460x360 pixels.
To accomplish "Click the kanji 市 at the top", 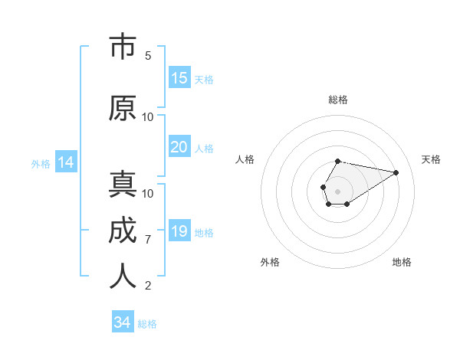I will point(123,47).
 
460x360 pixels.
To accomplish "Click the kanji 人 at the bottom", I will point(123,277).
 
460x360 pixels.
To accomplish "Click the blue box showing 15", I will point(179,78).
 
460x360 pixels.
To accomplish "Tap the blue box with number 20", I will point(179,147).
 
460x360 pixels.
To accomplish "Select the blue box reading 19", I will point(179,231).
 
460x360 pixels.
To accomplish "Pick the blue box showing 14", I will point(65,162).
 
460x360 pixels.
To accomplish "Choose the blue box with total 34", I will point(123,322).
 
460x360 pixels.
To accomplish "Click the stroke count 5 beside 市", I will point(148,56).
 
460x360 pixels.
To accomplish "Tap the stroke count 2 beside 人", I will point(148,286).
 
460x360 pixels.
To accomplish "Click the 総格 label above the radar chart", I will point(338,100).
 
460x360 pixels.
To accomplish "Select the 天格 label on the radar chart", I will point(431,159).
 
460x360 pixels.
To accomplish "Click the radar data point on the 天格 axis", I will point(396,172).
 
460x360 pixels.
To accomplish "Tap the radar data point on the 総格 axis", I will point(338,161).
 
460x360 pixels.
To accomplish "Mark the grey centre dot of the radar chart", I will point(337,190).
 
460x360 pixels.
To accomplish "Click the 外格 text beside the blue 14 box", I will point(41,163).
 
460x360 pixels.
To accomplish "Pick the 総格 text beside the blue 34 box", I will point(147,324).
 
